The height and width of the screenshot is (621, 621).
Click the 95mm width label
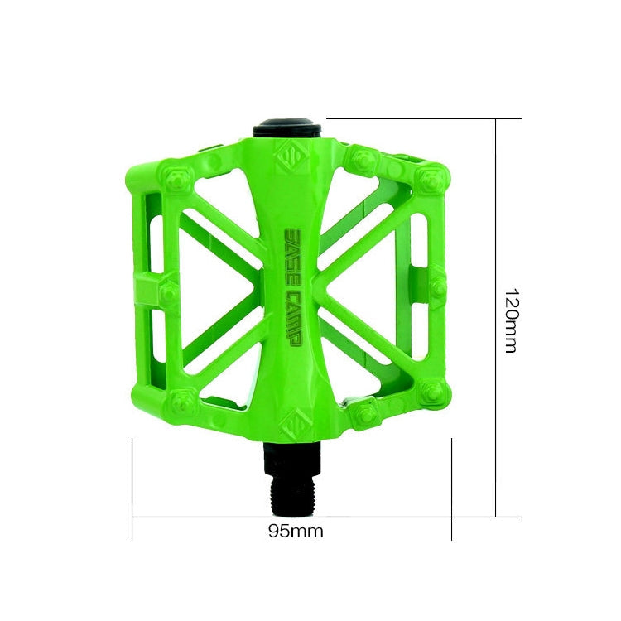pyautogui.click(x=296, y=532)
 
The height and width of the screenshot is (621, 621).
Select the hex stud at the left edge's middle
pyautogui.click(x=169, y=290)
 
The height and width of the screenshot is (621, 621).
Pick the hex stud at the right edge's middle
pyautogui.click(x=438, y=287)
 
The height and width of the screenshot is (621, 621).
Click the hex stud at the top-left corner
pyautogui.click(x=179, y=176)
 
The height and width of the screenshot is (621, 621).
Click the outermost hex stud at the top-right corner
pyautogui.click(x=431, y=178)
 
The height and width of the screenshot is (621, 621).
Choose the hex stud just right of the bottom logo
pyautogui.click(x=362, y=413)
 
